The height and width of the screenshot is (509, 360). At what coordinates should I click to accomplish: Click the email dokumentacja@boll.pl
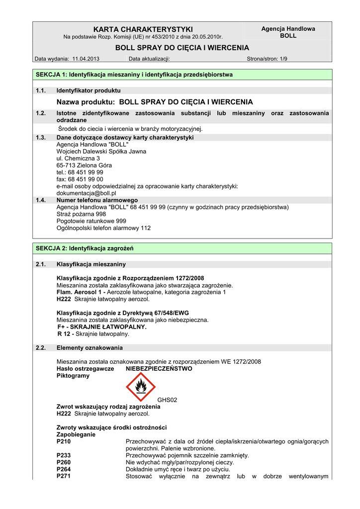point(86,193)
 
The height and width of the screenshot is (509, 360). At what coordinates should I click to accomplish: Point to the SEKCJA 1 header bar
point(182,75)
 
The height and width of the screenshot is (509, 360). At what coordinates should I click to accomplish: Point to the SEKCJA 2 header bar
point(182,248)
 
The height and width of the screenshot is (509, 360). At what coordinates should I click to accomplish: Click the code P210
point(64,441)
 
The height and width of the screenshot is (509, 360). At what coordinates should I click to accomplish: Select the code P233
point(64,455)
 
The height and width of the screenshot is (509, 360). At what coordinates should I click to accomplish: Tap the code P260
point(64,462)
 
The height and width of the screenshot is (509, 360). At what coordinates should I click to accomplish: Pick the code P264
point(64,469)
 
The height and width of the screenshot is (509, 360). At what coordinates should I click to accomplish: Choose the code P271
point(64,476)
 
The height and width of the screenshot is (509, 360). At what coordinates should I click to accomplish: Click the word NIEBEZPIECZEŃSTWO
point(159,369)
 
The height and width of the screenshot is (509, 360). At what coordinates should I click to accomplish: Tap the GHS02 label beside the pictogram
point(167,399)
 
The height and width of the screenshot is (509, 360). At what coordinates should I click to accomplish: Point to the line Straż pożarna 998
point(81,214)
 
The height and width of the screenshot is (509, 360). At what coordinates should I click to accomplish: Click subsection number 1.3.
point(41,137)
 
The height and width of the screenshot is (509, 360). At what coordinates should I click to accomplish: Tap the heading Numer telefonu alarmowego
point(97,200)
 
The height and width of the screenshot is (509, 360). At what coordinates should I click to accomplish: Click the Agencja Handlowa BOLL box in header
point(288,32)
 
